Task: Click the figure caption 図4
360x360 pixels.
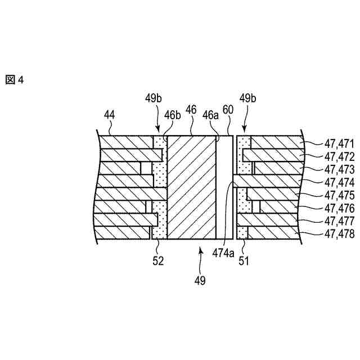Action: (x=15, y=80)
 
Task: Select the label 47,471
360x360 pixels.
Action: (x=340, y=143)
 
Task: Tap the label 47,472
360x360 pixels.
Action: (x=340, y=156)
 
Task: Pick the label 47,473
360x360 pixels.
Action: (x=340, y=169)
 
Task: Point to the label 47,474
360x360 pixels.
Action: (x=340, y=182)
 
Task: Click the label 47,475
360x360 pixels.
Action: (x=340, y=195)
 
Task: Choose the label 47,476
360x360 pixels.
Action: (x=340, y=208)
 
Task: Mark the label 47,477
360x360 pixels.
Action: (x=340, y=221)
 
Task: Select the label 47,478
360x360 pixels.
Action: (x=340, y=234)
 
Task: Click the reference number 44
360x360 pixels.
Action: (x=110, y=115)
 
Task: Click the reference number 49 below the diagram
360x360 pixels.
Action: (x=200, y=280)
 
